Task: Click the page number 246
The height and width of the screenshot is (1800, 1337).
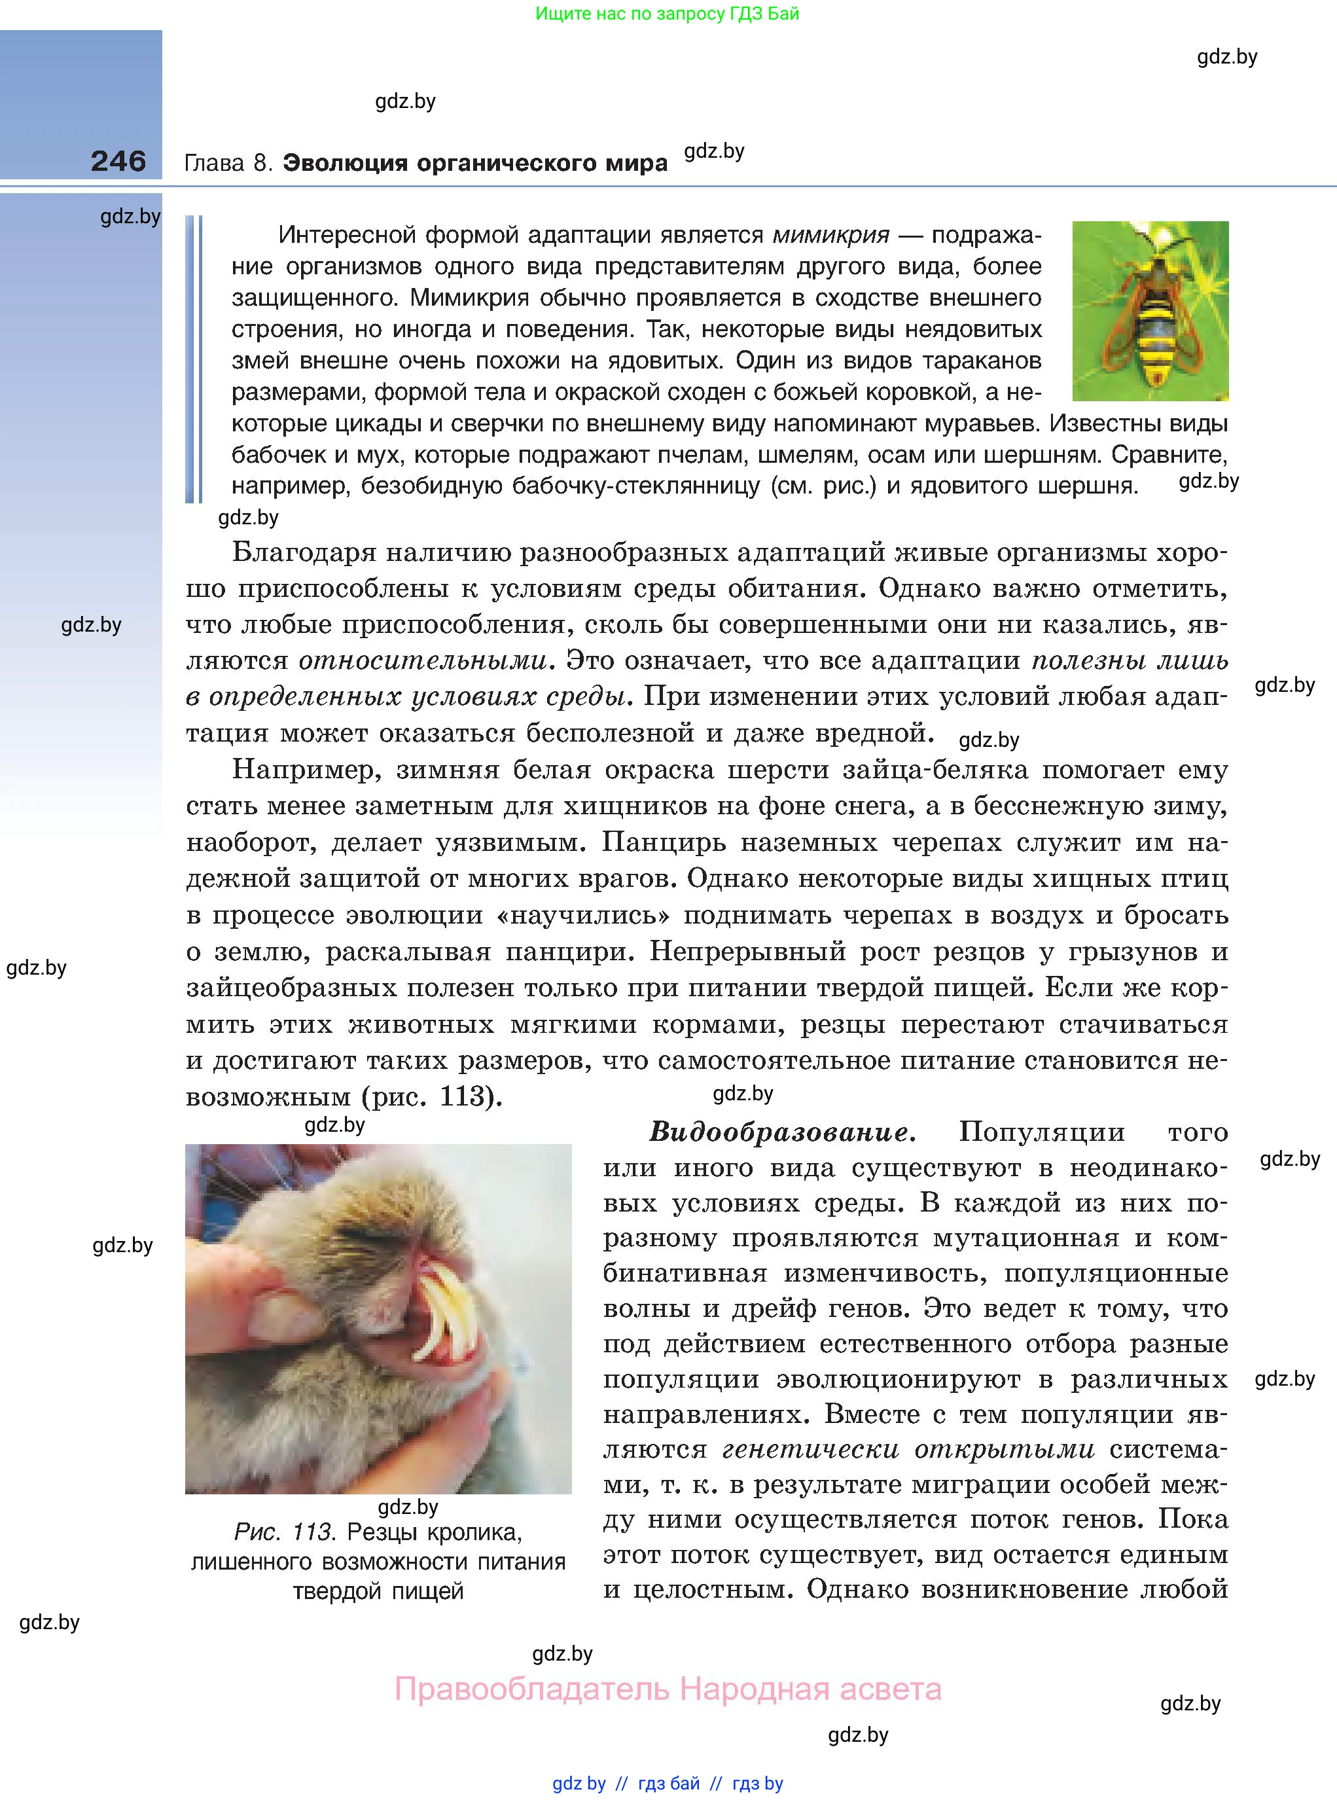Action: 118,161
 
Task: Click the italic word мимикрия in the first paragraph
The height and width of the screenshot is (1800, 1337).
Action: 830,236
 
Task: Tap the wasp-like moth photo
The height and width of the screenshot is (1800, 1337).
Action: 1150,311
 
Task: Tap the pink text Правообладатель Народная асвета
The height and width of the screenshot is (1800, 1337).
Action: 668,1689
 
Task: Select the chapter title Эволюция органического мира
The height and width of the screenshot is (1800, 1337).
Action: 475,164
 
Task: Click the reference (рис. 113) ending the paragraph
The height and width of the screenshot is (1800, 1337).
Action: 431,1096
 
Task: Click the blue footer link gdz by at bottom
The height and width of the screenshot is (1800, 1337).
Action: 579,1783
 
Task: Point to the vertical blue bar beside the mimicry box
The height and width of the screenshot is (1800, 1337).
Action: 194,359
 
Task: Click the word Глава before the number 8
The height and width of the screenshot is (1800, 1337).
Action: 213,164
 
